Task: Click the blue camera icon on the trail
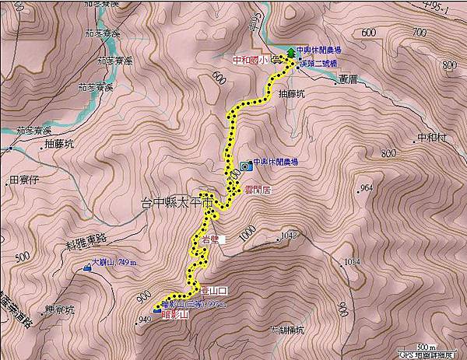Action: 246,165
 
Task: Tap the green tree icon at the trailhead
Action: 291,52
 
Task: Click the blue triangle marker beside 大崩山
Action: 85,269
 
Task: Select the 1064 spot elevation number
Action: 353,262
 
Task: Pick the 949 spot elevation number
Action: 143,319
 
